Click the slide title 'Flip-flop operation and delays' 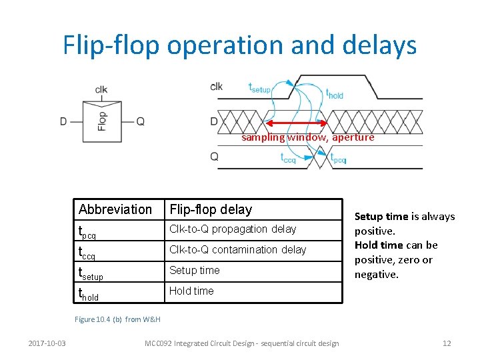click(240, 45)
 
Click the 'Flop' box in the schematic click(102, 121)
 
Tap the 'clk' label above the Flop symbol click(101, 89)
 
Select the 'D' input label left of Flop click(63, 121)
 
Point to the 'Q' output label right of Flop click(141, 121)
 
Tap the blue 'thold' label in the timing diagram click(334, 93)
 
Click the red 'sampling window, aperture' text click(307, 137)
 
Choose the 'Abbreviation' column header click(115, 209)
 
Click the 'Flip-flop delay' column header click(211, 209)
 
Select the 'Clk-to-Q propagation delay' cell click(233, 229)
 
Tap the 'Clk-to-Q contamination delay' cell click(237, 249)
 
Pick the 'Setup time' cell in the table click(194, 270)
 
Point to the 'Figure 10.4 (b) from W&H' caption click(117, 319)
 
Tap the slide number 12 click(447, 343)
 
